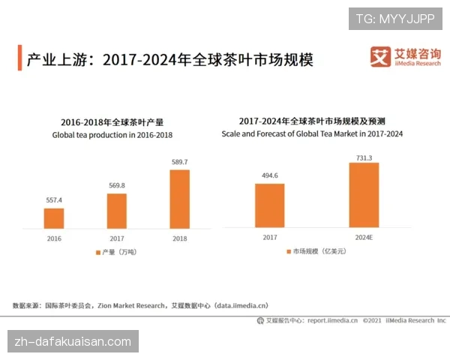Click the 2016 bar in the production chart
[x=54, y=217]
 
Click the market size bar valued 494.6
[x=269, y=205]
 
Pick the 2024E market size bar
[x=364, y=195]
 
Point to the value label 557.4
[x=54, y=200]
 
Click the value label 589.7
[x=179, y=162]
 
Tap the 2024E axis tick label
[x=364, y=238]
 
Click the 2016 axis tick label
[x=54, y=238]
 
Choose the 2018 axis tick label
[x=179, y=238]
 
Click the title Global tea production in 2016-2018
[x=112, y=135]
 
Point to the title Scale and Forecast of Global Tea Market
[x=312, y=133]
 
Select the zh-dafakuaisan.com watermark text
[x=73, y=341]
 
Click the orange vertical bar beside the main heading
[x=19, y=58]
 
